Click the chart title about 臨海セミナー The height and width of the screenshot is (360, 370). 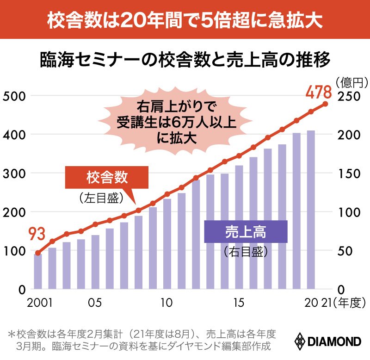[x=185, y=60]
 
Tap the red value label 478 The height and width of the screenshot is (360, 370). [x=319, y=92]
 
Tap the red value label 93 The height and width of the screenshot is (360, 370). [x=38, y=234]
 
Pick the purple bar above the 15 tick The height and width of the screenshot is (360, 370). [x=239, y=227]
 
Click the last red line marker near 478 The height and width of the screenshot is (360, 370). [x=325, y=104]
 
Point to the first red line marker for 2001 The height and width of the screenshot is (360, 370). [x=38, y=253]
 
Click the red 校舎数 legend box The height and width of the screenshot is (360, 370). [x=107, y=177]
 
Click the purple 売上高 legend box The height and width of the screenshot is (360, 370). [x=246, y=231]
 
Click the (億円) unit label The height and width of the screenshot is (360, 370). [x=351, y=82]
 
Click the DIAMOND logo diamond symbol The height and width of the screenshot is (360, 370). [x=300, y=341]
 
